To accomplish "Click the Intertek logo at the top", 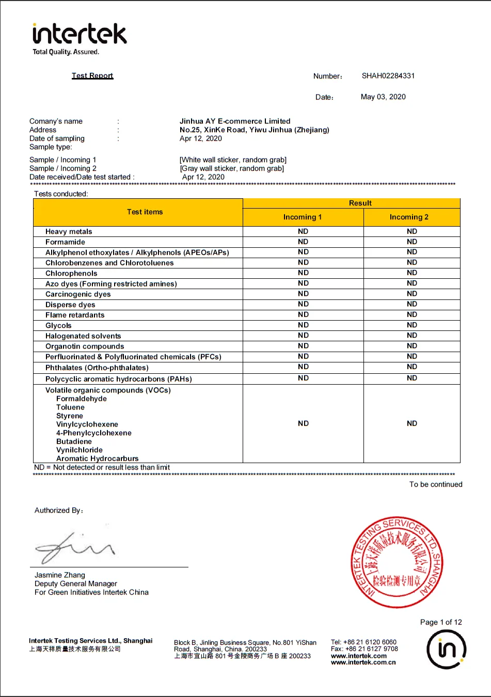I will pos(79,35).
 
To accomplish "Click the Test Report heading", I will pos(92,75).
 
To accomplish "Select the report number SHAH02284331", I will pos(388,76).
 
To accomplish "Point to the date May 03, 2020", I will pos(383,97).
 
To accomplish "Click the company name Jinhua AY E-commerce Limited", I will pos(235,121).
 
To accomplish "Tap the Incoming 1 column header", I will pos(303,217).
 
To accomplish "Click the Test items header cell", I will pos(145,212).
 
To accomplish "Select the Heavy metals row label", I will pos(69,232).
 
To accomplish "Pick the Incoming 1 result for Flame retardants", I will pos(303,314).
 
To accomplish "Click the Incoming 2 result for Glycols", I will pos(411,325).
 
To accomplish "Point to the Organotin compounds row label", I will pos(85,346).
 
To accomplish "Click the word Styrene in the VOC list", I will pos(70,416).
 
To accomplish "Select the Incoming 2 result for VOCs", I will pos(411,423).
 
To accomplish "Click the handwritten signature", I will pos(75,547).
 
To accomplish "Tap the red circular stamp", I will pos(396,562).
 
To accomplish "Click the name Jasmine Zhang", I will pos(60,575).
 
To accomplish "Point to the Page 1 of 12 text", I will pos(441,622).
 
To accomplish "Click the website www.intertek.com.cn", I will pos(363,662).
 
